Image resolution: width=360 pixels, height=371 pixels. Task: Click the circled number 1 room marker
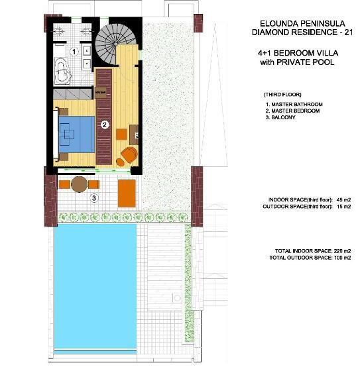[75, 51]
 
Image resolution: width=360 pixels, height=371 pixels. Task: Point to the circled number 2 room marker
[104, 124]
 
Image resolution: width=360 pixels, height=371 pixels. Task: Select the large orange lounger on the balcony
[127, 192]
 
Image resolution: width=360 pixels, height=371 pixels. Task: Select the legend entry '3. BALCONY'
[281, 118]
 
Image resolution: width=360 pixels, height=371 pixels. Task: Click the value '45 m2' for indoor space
[342, 199]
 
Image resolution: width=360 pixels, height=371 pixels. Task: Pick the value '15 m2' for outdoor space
[342, 207]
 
